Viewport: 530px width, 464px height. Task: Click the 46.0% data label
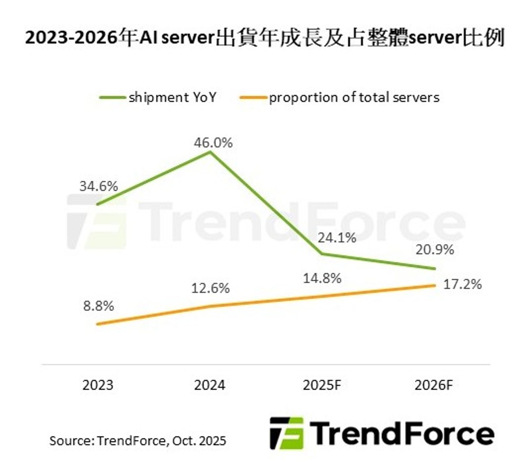(x=213, y=143)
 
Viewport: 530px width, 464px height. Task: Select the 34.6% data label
(x=99, y=186)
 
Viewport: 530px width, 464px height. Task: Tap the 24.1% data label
(x=337, y=238)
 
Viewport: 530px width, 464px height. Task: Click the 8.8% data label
(x=99, y=306)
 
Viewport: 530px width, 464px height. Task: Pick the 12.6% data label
(x=210, y=288)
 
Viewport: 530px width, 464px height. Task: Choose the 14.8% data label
(x=322, y=278)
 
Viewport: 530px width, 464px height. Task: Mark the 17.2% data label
(x=462, y=284)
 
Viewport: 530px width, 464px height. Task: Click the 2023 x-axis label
(x=98, y=385)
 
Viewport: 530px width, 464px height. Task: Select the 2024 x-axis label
(x=209, y=385)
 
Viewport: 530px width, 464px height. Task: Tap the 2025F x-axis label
(x=322, y=385)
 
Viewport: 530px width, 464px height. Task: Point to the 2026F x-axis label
(x=433, y=385)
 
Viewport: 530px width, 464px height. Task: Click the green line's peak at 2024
(x=210, y=152)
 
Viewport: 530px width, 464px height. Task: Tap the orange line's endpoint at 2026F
(x=434, y=285)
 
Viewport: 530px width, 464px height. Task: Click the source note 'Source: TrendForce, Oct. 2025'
(x=138, y=440)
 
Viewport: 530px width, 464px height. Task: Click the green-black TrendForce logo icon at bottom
(x=287, y=433)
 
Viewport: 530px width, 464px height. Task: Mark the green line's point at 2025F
(x=322, y=254)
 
